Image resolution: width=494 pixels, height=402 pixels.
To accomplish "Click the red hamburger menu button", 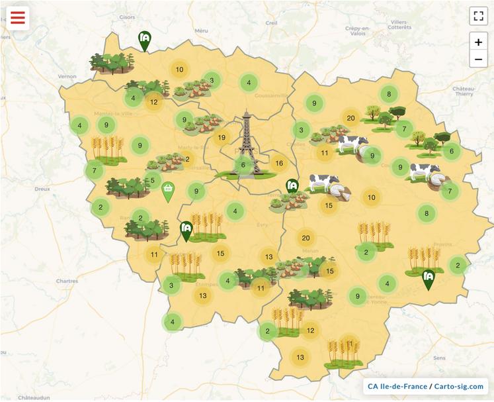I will coord(17,17).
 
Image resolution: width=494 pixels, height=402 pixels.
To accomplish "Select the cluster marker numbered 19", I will coord(222,138).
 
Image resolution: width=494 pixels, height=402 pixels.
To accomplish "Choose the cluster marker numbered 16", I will coord(279,164).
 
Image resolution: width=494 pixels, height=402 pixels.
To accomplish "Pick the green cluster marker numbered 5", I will coord(152,180).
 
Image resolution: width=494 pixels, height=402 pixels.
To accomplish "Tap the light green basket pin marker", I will coord(169,191).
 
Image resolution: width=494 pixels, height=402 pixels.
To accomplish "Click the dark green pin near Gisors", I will coord(144,40).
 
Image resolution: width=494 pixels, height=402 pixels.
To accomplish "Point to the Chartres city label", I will coord(67,281).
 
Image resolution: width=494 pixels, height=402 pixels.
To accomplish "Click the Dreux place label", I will coord(42,189).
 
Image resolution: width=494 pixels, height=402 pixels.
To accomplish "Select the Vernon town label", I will coord(67,76).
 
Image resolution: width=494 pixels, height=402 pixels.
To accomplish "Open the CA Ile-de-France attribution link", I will coord(396,386).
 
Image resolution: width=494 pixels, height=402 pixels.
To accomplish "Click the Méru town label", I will coord(202,31).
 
